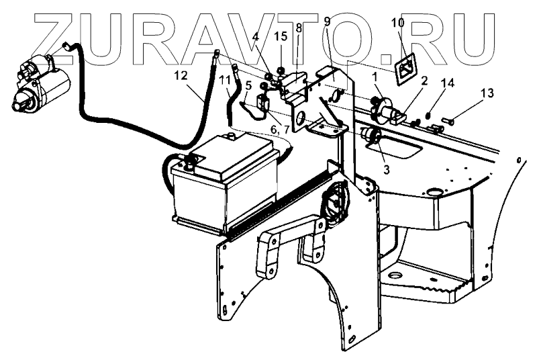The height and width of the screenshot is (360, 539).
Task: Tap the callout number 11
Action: coord(224,80)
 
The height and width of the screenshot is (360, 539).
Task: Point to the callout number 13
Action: coord(487,91)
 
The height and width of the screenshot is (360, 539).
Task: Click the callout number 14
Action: coord(448,83)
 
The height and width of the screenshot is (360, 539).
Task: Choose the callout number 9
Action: coord(326,21)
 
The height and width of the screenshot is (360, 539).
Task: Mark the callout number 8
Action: coord(298,29)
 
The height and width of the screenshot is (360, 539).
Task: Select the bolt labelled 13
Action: coord(448,122)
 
